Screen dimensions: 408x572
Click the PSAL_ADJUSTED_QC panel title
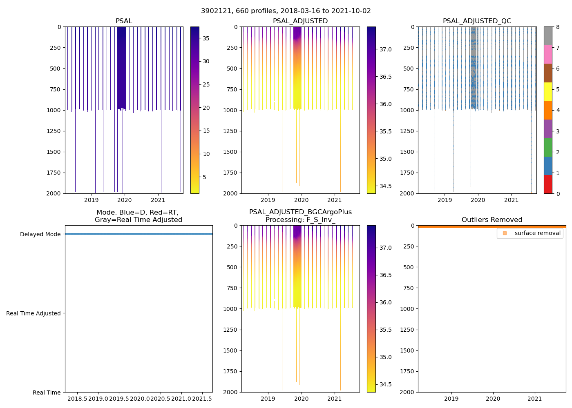(477, 21)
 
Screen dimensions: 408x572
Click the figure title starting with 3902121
(286, 11)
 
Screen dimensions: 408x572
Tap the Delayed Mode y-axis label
(40, 234)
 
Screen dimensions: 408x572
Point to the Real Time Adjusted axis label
(34, 313)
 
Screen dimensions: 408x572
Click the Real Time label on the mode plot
(47, 392)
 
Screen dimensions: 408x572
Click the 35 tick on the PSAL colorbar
(206, 38)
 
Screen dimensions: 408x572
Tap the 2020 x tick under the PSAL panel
(124, 200)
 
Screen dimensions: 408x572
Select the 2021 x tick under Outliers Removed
(535, 399)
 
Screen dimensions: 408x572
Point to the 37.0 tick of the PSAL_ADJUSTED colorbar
(386, 49)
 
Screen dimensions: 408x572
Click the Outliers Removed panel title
(492, 220)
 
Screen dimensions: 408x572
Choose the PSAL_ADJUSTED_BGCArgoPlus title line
(300, 212)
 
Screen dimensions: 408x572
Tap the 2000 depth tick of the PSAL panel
(54, 193)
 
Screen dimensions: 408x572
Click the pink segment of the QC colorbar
(548, 54)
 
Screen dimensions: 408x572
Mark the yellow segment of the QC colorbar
(548, 91)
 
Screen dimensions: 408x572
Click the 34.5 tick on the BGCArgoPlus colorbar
(386, 384)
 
